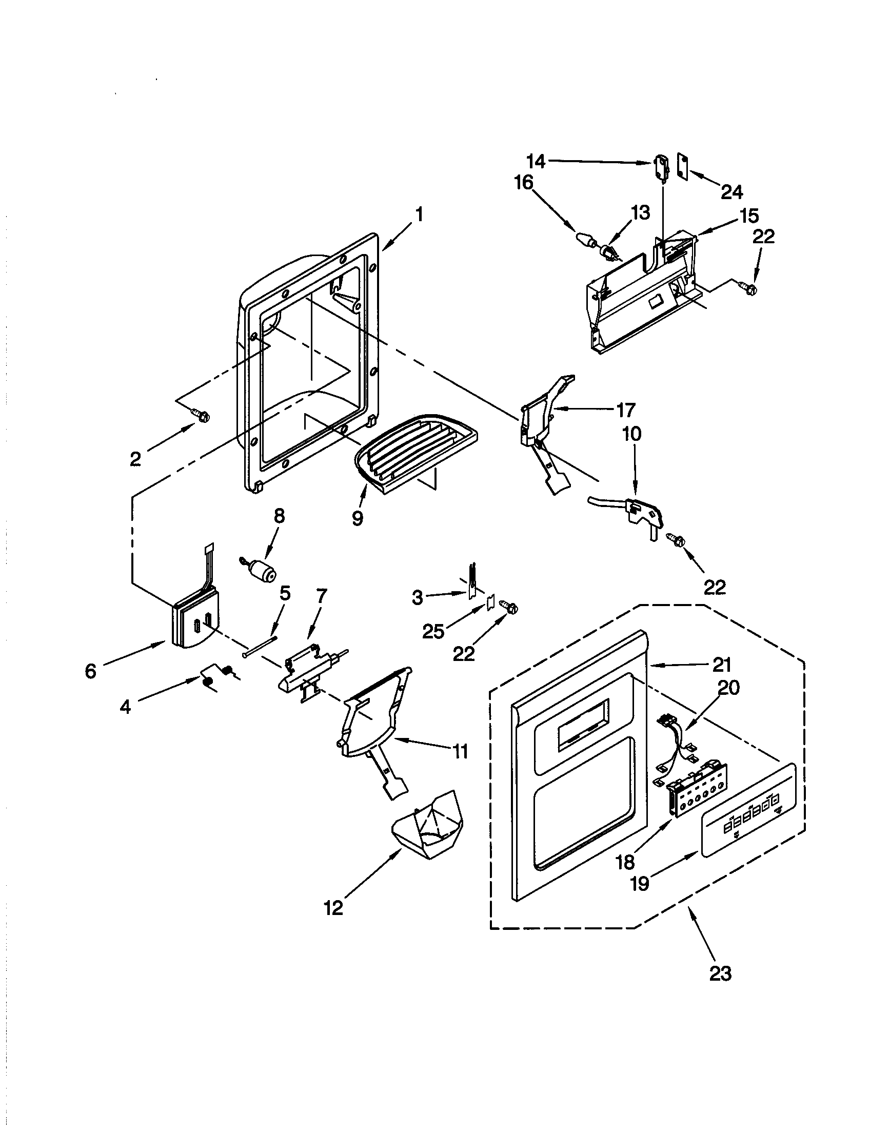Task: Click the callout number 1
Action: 419,213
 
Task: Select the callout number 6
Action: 90,671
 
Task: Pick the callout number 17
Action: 625,411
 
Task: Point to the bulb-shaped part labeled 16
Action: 585,239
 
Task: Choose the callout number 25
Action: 433,631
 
